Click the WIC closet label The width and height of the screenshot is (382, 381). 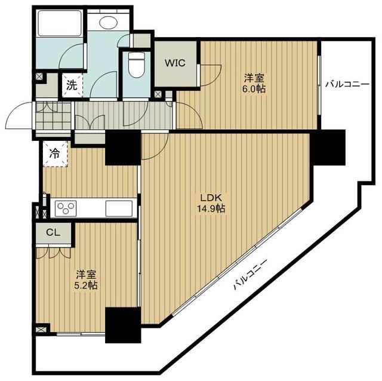[x=175, y=62]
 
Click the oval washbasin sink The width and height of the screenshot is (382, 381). [x=109, y=23]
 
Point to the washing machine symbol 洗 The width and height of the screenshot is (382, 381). [x=72, y=85]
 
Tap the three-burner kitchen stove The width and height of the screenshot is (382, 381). [x=64, y=208]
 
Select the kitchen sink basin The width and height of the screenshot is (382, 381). [x=118, y=209]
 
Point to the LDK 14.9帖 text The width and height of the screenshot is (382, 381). [x=212, y=203]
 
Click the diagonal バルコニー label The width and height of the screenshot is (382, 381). [x=249, y=275]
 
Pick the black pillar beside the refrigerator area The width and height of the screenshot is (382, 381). [x=123, y=148]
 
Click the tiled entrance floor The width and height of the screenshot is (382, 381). [x=45, y=115]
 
